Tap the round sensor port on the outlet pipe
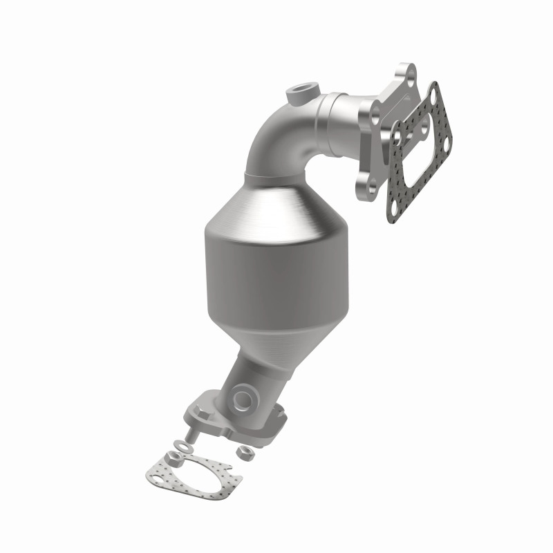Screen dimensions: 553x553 (x=243, y=398)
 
